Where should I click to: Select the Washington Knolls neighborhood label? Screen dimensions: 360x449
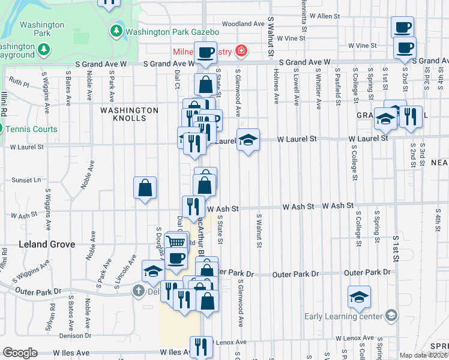[129, 114]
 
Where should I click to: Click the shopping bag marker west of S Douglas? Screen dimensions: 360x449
[145, 188]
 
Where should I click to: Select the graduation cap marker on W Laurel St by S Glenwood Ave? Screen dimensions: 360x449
[248, 140]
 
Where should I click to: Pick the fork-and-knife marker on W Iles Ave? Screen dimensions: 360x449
[202, 346]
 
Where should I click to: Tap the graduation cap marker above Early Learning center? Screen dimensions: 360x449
[359, 296]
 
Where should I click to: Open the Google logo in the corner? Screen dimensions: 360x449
[20, 353]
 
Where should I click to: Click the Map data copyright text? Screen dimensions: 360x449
[423, 355]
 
